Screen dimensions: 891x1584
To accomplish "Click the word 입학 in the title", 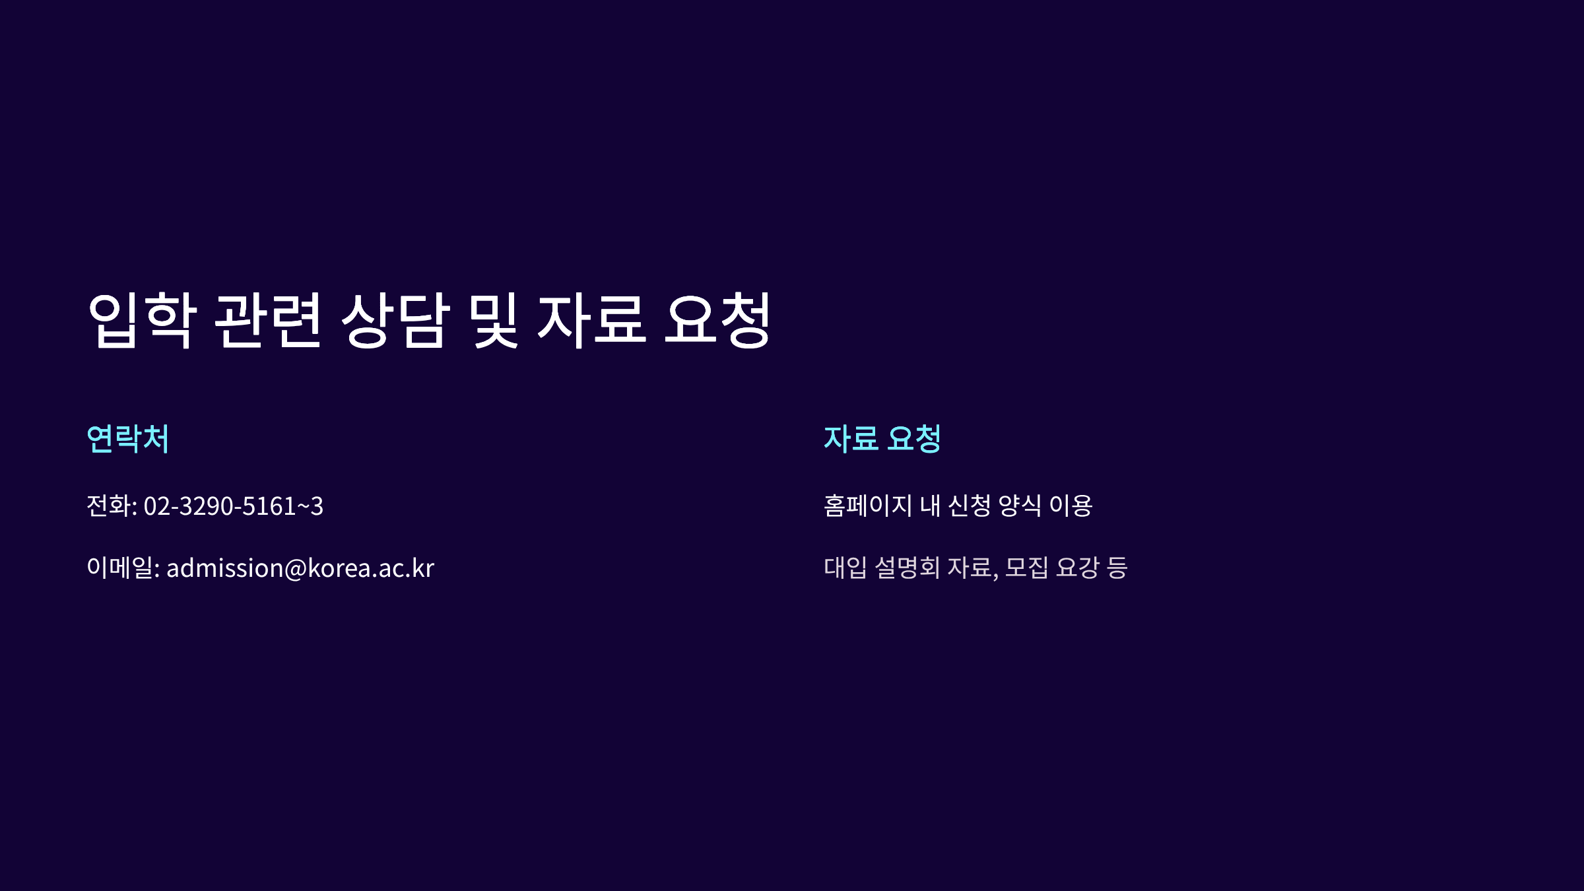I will pos(142,320).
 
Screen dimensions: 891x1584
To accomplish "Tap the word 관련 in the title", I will pos(268,320).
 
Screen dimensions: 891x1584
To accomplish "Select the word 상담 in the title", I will pos(395,320).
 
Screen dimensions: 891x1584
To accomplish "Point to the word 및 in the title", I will pos(493,320).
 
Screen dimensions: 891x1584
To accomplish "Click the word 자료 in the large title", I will pos(591,320).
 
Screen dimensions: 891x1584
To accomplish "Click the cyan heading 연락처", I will pos(128,439).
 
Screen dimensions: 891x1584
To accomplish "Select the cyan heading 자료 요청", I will pos(882,439).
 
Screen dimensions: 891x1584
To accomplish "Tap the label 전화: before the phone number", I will pos(112,506).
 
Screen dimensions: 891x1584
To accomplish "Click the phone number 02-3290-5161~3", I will pos(234,506).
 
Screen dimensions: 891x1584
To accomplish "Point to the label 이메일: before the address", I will pos(123,568).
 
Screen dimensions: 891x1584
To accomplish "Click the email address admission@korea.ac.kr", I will pos(300,568).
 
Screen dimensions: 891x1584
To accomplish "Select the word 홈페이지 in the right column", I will pos(868,506).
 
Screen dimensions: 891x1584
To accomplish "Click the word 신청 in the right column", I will pos(970,506).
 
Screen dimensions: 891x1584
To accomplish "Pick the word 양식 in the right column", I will pos(1020,506).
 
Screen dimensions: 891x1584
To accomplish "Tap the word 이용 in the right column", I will pos(1071,506).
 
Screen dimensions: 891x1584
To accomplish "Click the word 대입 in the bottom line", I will pos(845,568).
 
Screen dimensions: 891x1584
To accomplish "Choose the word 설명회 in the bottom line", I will pos(907,568).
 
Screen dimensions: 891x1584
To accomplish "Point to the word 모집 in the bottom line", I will pos(1026,568).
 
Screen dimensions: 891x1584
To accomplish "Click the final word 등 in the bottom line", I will pos(1117,568).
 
